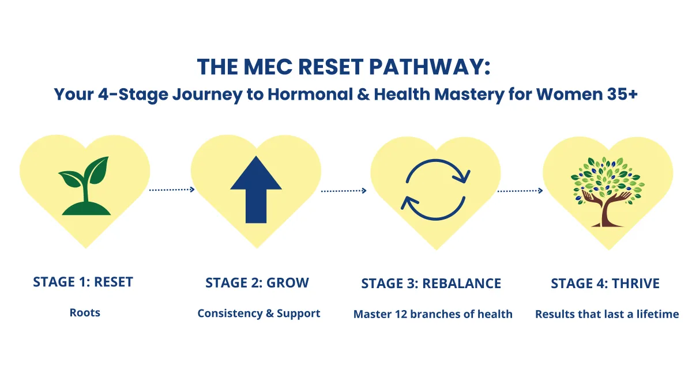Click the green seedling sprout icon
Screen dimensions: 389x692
coord(85,183)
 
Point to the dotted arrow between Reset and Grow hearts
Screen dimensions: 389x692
coord(172,189)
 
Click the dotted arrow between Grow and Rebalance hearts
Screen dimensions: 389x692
coord(344,190)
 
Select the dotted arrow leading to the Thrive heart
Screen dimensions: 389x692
coord(520,190)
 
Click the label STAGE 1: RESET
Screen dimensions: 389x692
coord(83,282)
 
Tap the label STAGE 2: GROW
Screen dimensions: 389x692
coord(257,283)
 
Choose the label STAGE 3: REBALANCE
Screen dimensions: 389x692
coord(431,284)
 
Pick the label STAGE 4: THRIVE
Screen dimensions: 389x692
coord(605,284)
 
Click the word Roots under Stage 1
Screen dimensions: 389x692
coord(85,313)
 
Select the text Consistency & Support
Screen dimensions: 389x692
coord(258,314)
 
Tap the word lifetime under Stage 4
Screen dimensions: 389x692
coord(657,314)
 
